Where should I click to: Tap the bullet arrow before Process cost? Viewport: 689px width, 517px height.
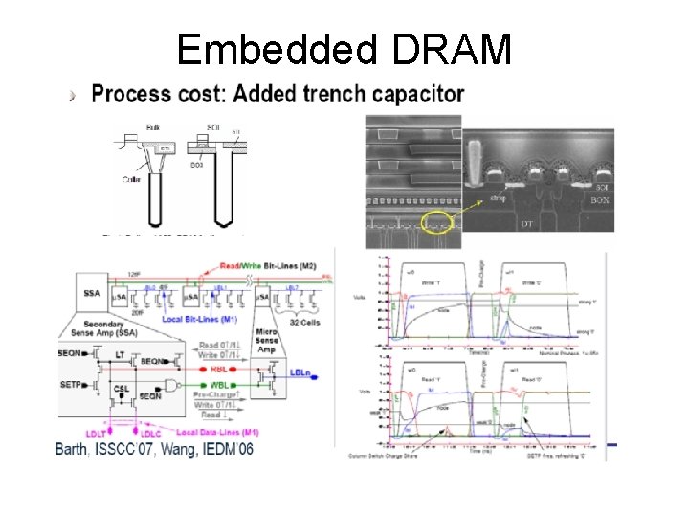point(73,95)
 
